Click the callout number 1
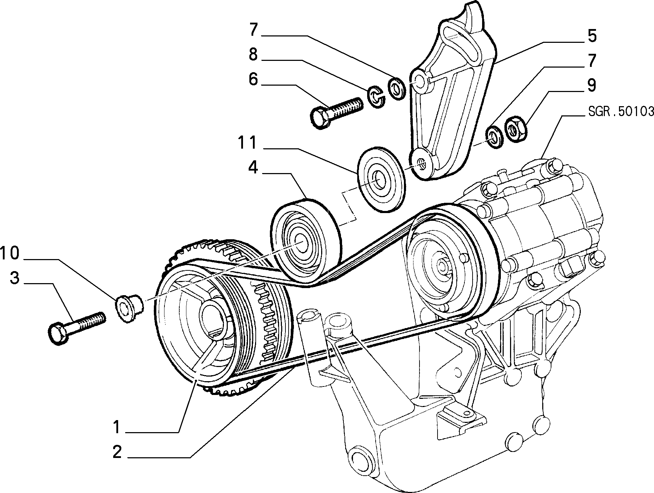[117, 427]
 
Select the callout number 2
[117, 452]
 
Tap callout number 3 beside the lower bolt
[15, 278]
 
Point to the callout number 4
[253, 167]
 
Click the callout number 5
[592, 36]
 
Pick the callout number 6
[253, 79]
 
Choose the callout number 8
[253, 55]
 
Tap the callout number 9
[592, 85]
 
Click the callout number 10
[10, 253]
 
